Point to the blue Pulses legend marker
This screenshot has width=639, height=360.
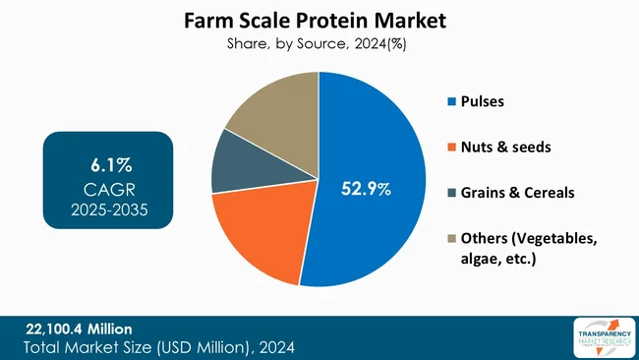tap(451, 101)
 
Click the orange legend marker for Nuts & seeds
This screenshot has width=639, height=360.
tap(451, 147)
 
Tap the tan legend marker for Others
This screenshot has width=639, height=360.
tap(451, 237)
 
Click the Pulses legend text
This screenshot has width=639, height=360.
tap(485, 101)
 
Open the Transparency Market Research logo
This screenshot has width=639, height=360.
tap(602, 337)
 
